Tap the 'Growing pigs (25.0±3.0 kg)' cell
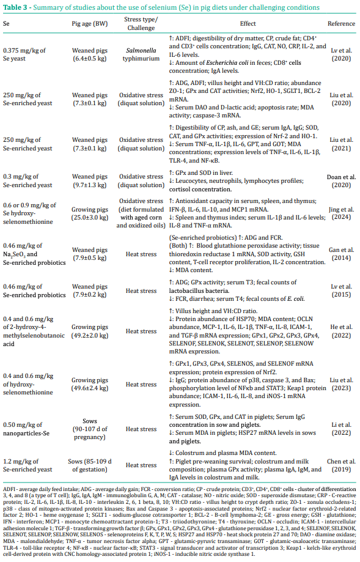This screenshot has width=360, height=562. pyautogui.click(x=90, y=214)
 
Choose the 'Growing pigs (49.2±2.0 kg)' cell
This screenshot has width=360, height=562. pyautogui.click(x=90, y=331)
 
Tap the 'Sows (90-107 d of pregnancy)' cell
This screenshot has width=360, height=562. pyautogui.click(x=90, y=429)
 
